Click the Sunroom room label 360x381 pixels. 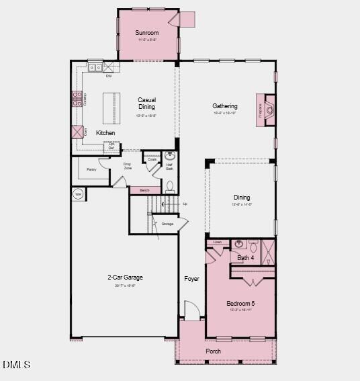point(146,33)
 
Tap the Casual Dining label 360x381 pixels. point(146,103)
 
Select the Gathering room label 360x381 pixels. point(225,106)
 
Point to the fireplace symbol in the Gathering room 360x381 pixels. point(268,109)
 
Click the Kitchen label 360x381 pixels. point(105,133)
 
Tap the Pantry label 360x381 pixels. point(92,169)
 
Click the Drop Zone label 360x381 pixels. point(127,166)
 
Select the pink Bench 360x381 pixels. point(144,191)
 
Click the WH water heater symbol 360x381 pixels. point(79,194)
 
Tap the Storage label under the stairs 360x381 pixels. point(167,224)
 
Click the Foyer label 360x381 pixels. point(192,278)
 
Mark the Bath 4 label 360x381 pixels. point(246,257)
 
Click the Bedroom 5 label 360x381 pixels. point(241,303)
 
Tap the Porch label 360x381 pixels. point(213,351)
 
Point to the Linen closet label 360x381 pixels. point(217,242)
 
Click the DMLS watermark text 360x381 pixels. point(17,365)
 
